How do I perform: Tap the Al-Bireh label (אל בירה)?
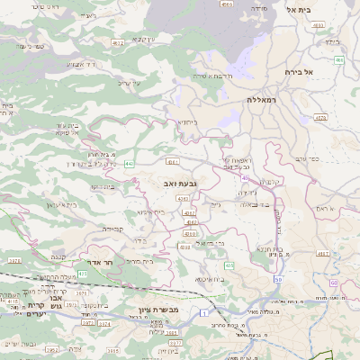[x=296, y=71]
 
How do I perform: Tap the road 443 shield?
[x=130, y=163]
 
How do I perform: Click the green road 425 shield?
[x=84, y=273]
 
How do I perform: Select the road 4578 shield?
[x=320, y=117]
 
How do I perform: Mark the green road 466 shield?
[x=339, y=60]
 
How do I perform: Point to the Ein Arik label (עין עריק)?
[x=144, y=39]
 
